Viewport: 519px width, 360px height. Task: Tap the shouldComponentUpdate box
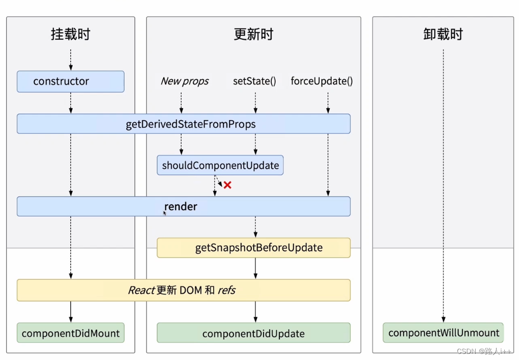pyautogui.click(x=220, y=165)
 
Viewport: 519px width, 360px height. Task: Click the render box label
pyautogui.click(x=181, y=207)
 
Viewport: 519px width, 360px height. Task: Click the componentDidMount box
pyautogui.click(x=70, y=333)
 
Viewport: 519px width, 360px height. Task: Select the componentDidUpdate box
pyautogui.click(x=253, y=333)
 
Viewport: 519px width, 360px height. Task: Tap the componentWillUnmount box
pyautogui.click(x=443, y=333)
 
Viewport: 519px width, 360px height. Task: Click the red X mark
pyautogui.click(x=227, y=185)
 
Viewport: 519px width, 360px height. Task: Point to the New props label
pyautogui.click(x=184, y=81)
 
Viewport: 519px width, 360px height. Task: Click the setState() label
pyautogui.click(x=254, y=81)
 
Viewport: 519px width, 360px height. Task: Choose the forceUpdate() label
pyautogui.click(x=322, y=81)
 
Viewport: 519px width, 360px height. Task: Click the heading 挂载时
pyautogui.click(x=71, y=34)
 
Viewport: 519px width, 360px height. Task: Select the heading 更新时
pyautogui.click(x=253, y=34)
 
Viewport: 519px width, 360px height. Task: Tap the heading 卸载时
pyautogui.click(x=443, y=34)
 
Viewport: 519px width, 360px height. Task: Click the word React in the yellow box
pyautogui.click(x=141, y=290)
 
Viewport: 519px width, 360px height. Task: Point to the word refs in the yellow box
pyautogui.click(x=226, y=290)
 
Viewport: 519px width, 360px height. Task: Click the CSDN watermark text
pyautogui.click(x=483, y=352)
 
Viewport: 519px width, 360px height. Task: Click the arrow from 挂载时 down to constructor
pyautogui.click(x=71, y=60)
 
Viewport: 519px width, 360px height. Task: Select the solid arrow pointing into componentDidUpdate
pyautogui.click(x=255, y=312)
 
